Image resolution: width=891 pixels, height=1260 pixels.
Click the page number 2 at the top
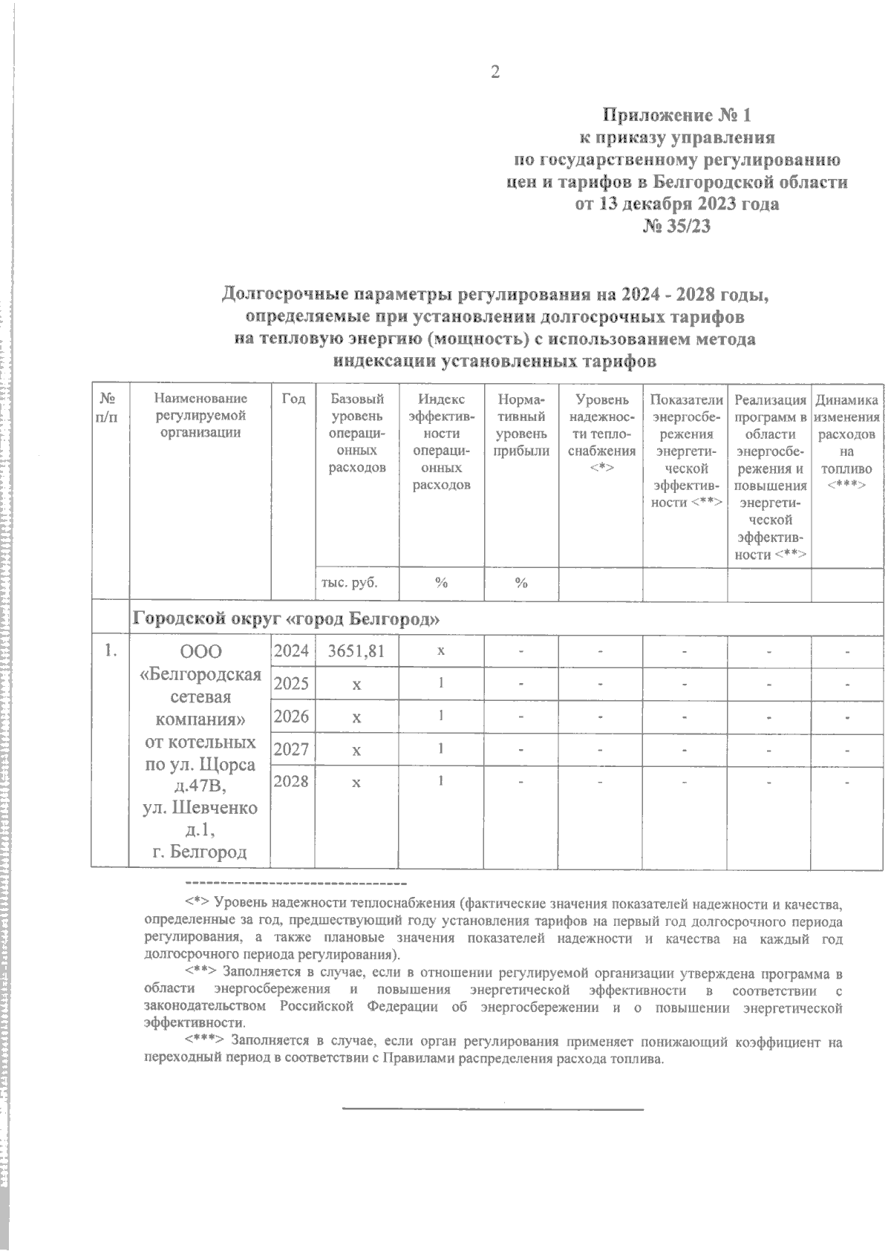click(x=495, y=72)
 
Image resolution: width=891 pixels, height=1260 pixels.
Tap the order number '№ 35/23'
click(x=676, y=226)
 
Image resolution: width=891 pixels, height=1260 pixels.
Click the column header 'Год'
click(x=293, y=399)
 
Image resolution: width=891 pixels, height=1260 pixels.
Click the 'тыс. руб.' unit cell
click(x=349, y=583)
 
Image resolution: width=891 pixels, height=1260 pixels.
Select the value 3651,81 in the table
click(x=357, y=651)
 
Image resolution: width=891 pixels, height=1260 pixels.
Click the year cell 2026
click(x=291, y=716)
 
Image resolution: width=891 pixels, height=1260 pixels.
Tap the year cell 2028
click(x=291, y=781)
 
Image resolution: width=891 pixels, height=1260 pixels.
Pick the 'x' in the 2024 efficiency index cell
click(x=441, y=650)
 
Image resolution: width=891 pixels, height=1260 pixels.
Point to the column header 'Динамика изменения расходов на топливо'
click(x=847, y=442)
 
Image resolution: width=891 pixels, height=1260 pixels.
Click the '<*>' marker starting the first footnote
click(x=197, y=903)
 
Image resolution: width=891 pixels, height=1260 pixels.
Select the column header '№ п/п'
click(x=110, y=408)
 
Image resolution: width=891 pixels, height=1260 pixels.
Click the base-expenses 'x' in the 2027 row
click(x=357, y=750)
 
